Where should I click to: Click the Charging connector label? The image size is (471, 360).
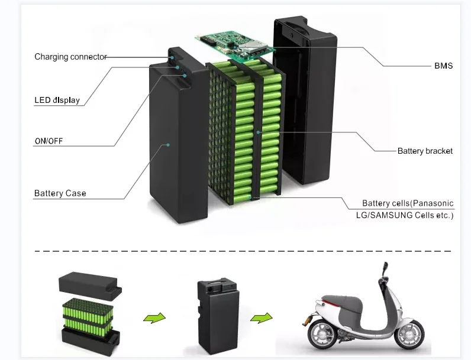pyautogui.click(x=70, y=57)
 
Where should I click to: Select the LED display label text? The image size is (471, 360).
pyautogui.click(x=57, y=100)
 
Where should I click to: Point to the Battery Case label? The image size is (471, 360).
pyautogui.click(x=60, y=193)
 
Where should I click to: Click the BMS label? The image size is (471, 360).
pyautogui.click(x=443, y=66)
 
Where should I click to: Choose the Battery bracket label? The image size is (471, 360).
pyautogui.click(x=425, y=151)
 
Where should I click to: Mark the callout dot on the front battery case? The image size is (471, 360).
pyautogui.click(x=168, y=144)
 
